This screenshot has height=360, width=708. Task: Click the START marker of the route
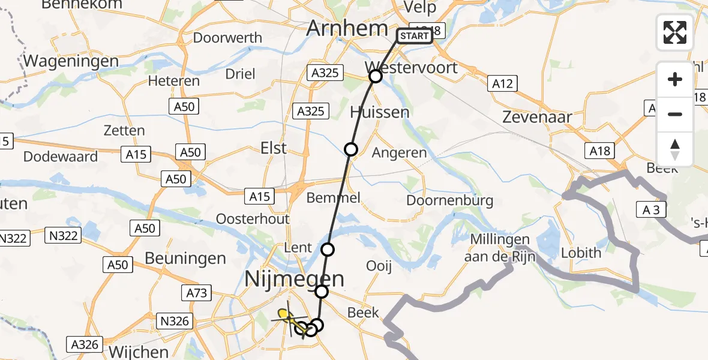414,36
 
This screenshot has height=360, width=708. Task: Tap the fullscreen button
675,32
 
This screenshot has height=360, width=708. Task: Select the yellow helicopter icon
286,315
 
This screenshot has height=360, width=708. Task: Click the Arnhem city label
347,28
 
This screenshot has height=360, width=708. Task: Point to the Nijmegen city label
295,278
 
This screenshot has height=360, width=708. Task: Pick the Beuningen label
185,259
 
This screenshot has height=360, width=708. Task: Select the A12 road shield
502,83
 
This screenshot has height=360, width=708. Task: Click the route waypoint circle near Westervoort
376,76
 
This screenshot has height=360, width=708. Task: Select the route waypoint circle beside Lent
328,249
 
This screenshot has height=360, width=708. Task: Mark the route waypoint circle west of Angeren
351,149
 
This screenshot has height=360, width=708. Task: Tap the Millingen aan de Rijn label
500,248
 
